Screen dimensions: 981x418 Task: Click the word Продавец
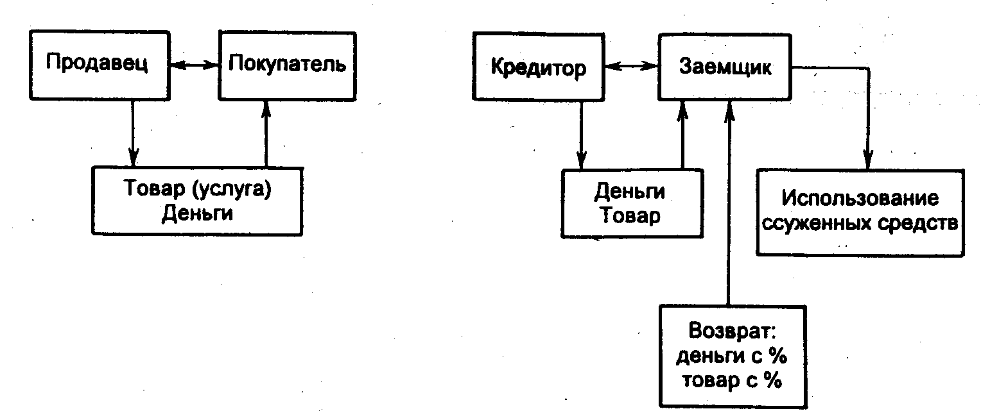tap(97, 63)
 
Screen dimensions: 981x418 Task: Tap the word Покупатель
tap(287, 64)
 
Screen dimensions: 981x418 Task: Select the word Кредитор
tap(538, 68)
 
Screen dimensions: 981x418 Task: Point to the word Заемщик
tap(725, 67)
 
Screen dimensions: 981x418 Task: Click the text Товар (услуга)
tap(198, 189)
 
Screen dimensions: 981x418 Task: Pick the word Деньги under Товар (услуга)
tap(197, 214)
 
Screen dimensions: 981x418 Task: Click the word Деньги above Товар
tap(630, 192)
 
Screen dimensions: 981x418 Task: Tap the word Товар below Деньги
tap(630, 215)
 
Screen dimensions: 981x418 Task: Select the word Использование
tap(860, 199)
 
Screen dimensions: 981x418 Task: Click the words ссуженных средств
tap(860, 224)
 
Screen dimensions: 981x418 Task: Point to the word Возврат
tap(733, 331)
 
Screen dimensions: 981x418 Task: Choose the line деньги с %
tap(732, 356)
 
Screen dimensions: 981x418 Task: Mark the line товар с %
tap(732, 380)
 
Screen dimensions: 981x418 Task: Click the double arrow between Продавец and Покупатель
tap(194, 65)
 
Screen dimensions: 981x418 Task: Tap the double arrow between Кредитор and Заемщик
tap(631, 67)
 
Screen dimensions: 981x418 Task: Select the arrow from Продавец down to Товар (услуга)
tap(133, 133)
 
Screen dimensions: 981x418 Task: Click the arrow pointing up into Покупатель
tap(266, 134)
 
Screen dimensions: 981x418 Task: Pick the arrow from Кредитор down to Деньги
tap(581, 135)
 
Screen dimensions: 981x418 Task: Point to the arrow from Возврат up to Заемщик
tap(729, 203)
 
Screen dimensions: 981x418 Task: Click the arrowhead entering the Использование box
tap(868, 159)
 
